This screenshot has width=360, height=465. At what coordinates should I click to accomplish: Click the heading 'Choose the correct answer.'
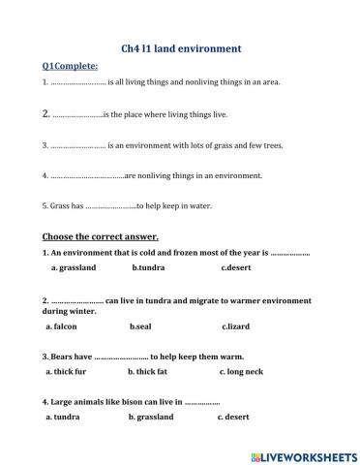tap(101, 236)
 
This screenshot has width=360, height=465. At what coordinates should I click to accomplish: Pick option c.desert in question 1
tap(236, 266)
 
